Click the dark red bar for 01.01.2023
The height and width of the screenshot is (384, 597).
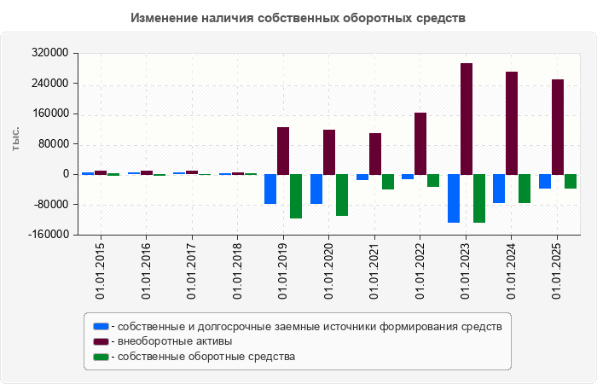tap(467, 119)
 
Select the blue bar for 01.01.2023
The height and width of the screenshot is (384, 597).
tap(454, 198)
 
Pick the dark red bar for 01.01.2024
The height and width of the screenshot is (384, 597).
tap(512, 123)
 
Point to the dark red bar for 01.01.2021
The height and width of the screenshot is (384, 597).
tap(375, 154)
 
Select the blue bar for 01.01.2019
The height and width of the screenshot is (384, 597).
tap(270, 189)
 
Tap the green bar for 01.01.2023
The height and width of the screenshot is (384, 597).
tap(479, 198)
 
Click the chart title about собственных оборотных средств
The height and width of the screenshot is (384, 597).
tap(298, 18)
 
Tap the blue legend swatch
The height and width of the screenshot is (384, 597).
tap(101, 326)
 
